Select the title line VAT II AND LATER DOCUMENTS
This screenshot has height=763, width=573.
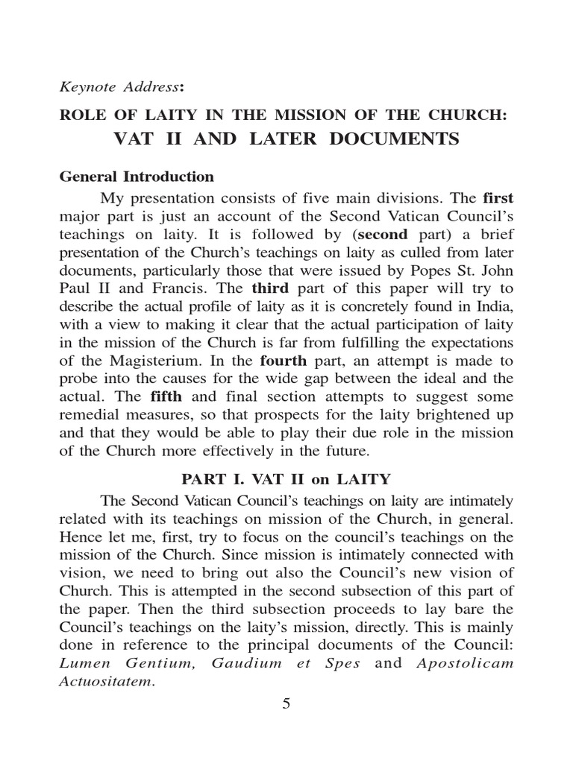click(286, 139)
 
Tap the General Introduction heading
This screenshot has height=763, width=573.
click(137, 177)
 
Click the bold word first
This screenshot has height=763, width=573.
click(498, 199)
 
